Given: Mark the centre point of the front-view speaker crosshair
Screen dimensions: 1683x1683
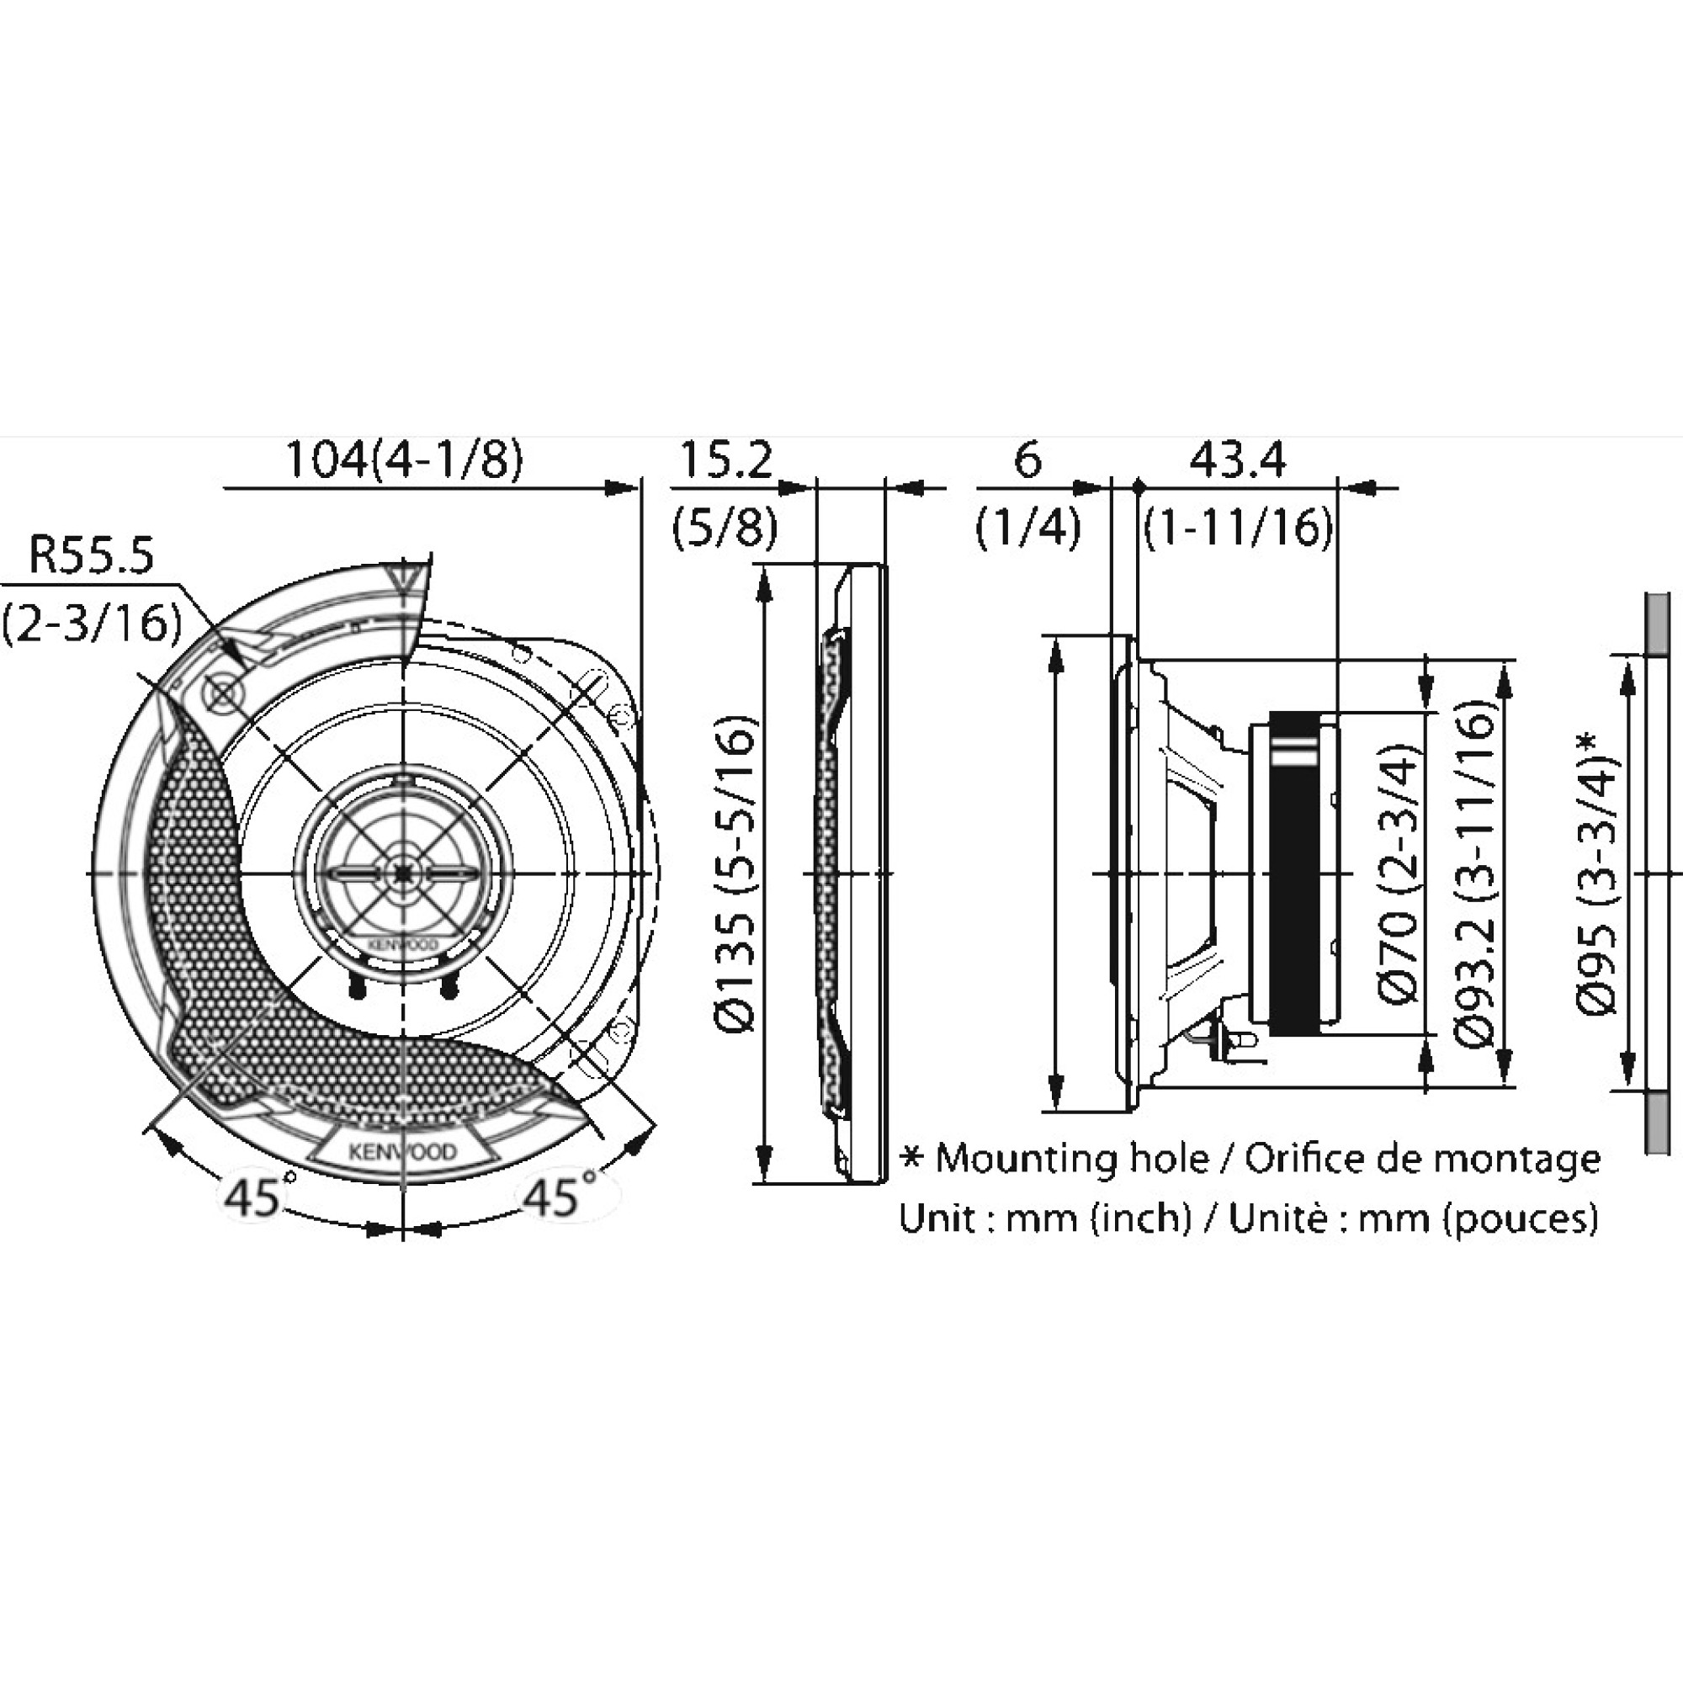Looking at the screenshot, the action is [x=403, y=872].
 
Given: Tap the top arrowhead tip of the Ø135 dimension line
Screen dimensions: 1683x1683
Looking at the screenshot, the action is [x=764, y=565].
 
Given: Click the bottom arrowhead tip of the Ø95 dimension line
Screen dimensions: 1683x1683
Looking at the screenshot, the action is [x=1627, y=1089].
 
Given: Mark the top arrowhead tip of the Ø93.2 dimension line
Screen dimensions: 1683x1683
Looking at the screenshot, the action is [x=1505, y=660].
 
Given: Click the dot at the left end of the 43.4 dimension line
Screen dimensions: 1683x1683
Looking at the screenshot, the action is [x=1138, y=488].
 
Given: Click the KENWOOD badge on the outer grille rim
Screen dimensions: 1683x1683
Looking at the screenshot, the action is [x=402, y=1152].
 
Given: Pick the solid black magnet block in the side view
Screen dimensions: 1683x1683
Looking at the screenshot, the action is [x=1293, y=872].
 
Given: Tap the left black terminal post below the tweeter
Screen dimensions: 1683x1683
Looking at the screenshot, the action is [x=355, y=985].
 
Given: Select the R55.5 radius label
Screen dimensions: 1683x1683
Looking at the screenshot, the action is [x=91, y=555].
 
